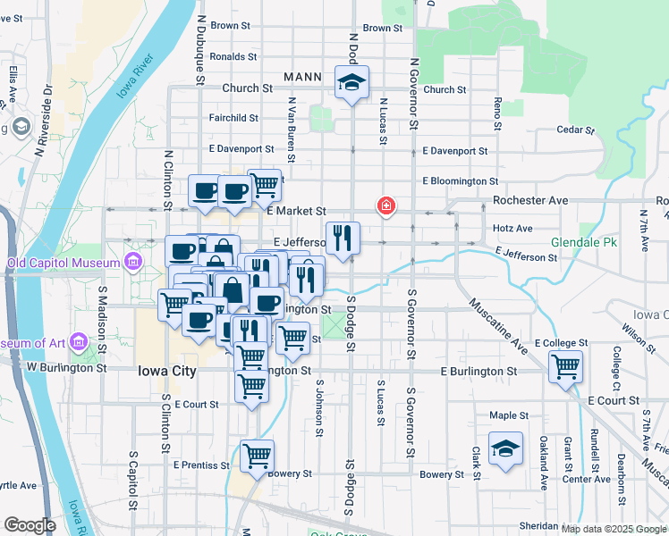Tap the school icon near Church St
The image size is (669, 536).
tap(351, 83)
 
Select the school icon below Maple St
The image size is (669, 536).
tap(506, 449)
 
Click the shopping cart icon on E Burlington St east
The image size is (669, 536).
tap(565, 365)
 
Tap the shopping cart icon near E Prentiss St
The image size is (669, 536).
tap(258, 455)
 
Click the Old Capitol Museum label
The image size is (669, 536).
tap(63, 263)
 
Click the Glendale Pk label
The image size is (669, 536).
tap(610, 242)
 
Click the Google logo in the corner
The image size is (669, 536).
tap(30, 525)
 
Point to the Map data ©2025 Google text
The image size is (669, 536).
tap(614, 529)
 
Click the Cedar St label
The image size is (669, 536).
tap(575, 130)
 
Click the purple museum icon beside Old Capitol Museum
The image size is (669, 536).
tap(133, 262)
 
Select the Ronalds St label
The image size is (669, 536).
tap(233, 56)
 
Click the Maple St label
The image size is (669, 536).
tap(509, 415)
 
